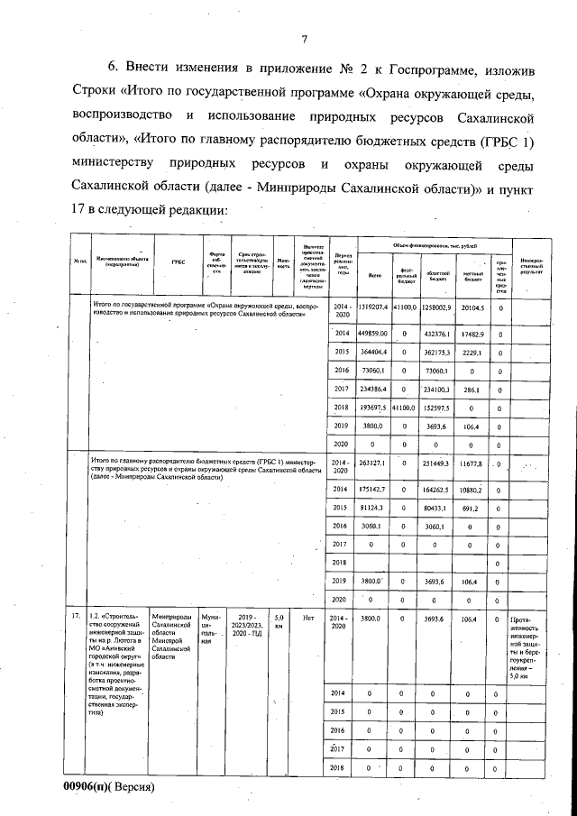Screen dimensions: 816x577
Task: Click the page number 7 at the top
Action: coord(305,38)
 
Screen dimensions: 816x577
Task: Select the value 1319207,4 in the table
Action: coord(376,307)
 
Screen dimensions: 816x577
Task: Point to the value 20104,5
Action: coord(472,307)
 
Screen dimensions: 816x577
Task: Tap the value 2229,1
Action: coord(472,352)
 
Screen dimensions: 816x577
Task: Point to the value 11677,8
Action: coord(472,463)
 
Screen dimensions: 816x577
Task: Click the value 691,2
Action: coord(472,508)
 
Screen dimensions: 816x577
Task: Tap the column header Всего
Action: coord(376,275)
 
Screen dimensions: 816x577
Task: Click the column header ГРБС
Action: coord(178,261)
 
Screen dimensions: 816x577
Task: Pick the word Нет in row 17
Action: coord(307,619)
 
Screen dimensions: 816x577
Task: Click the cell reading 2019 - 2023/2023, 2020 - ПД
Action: coord(248,627)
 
